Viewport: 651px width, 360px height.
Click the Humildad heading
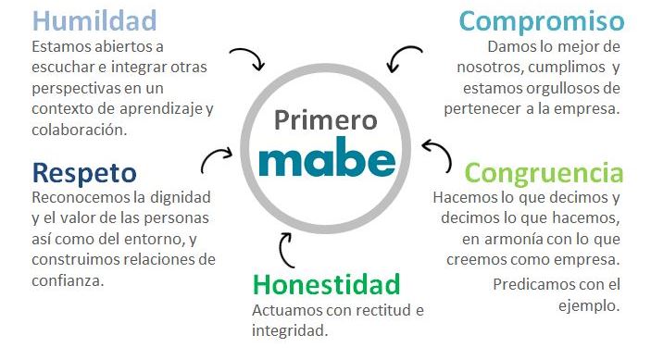(95, 20)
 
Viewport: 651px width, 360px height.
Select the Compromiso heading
(541, 21)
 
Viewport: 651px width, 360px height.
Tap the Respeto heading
(84, 172)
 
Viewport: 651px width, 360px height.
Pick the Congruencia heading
(544, 173)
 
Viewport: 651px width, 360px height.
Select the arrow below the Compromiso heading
(405, 58)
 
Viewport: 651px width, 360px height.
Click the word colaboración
(78, 130)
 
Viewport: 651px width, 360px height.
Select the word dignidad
(179, 196)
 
